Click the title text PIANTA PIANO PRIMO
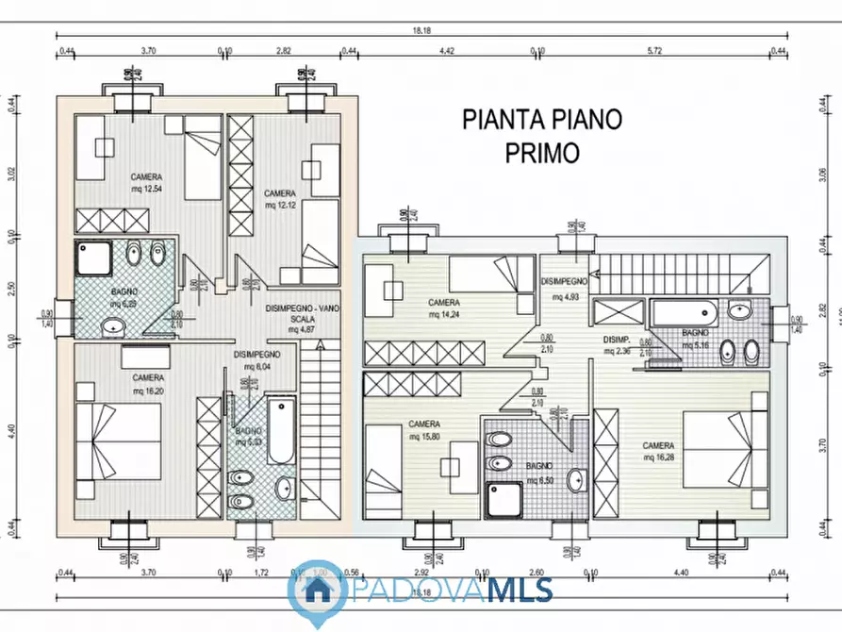[x=542, y=135]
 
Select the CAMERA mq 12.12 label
[x=280, y=198]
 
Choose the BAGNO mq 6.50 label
[x=539, y=474]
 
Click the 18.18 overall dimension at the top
[x=421, y=31]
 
